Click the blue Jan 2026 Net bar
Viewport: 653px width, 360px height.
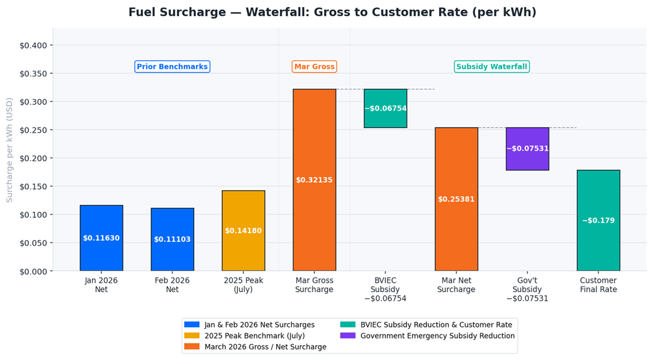tap(101, 238)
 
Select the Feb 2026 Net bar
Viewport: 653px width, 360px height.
tap(172, 239)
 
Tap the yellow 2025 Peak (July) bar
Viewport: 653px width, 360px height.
tap(243, 230)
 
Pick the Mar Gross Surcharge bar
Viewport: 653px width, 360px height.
tap(314, 180)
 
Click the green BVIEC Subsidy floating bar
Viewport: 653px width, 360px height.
tap(385, 108)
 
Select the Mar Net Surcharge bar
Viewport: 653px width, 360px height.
tap(456, 199)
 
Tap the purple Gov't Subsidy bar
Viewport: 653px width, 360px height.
tap(527, 148)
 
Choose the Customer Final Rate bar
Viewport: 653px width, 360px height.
tap(598, 220)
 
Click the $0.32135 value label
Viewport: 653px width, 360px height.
tap(314, 180)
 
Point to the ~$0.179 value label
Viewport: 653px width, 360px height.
tap(598, 221)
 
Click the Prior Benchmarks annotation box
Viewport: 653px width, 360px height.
tap(172, 67)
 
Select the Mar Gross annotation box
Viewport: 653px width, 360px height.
tap(314, 67)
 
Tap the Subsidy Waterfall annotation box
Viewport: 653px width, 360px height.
tap(491, 67)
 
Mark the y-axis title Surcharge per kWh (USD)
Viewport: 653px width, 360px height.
tap(9, 150)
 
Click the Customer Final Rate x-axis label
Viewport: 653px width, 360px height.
tap(598, 285)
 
